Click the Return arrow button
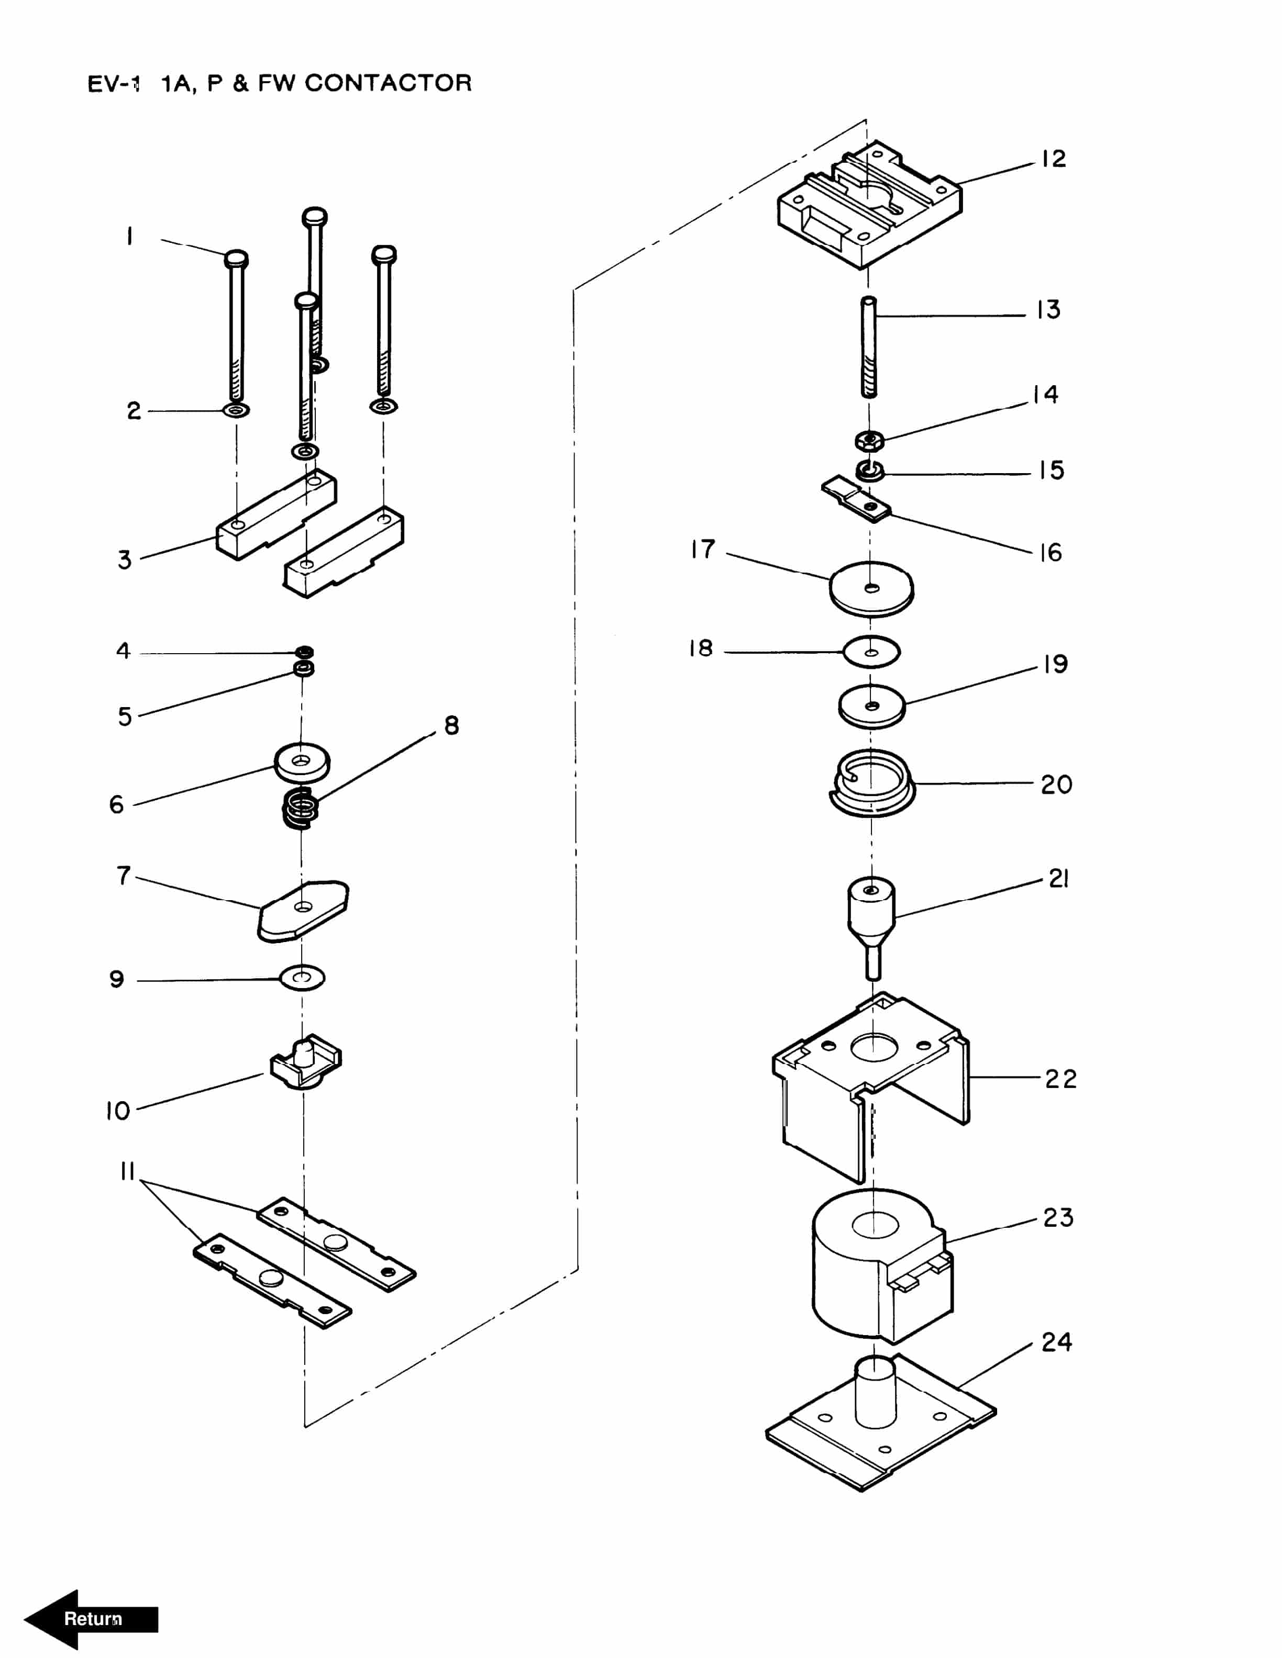click(91, 1619)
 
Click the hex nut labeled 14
click(869, 440)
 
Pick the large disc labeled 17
click(871, 588)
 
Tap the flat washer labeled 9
click(302, 978)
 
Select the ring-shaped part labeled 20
click(871, 783)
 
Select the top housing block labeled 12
click(870, 205)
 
